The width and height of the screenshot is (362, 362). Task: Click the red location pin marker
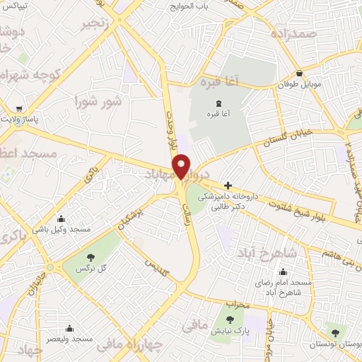click(x=182, y=166)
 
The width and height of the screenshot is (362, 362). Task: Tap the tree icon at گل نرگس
click(x=90, y=258)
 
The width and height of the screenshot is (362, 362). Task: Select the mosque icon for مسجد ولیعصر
click(x=69, y=328)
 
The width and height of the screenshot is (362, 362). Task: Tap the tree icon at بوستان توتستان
click(x=334, y=332)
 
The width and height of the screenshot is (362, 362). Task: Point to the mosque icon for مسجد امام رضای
click(x=283, y=271)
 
